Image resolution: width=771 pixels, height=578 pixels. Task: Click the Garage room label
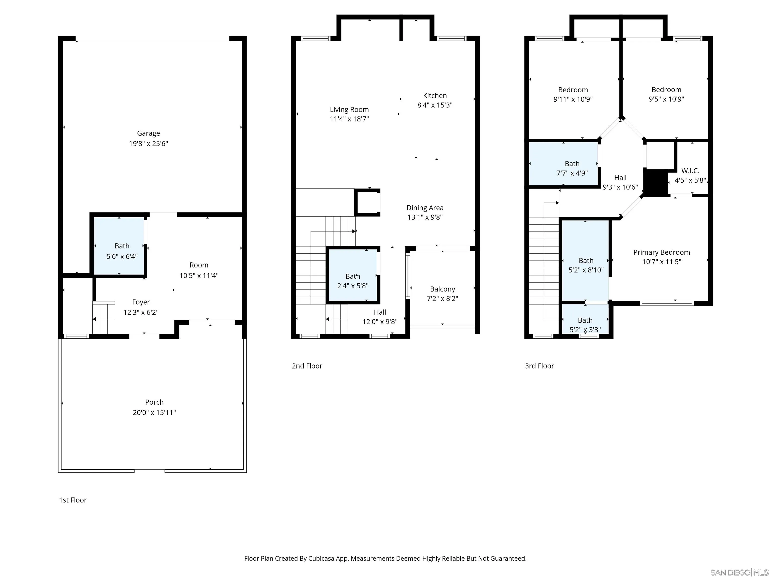pyautogui.click(x=149, y=133)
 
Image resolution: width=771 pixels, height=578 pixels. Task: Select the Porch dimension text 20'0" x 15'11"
pyautogui.click(x=154, y=412)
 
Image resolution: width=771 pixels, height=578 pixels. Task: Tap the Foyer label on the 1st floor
pyautogui.click(x=141, y=302)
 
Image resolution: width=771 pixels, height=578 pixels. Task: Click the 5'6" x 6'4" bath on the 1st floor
pyautogui.click(x=119, y=246)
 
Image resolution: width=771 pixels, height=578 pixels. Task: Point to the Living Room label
pyautogui.click(x=349, y=110)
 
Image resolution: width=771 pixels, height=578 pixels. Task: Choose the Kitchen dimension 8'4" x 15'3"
pyautogui.click(x=435, y=105)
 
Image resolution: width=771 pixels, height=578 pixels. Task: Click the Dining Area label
pyautogui.click(x=425, y=208)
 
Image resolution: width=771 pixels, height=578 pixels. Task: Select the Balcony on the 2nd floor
pyautogui.click(x=442, y=288)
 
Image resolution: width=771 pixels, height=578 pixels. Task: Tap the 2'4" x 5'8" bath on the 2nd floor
pyautogui.click(x=353, y=275)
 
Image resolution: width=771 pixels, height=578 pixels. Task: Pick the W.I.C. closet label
pyautogui.click(x=690, y=171)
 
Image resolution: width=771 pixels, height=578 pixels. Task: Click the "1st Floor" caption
pyautogui.click(x=73, y=500)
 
